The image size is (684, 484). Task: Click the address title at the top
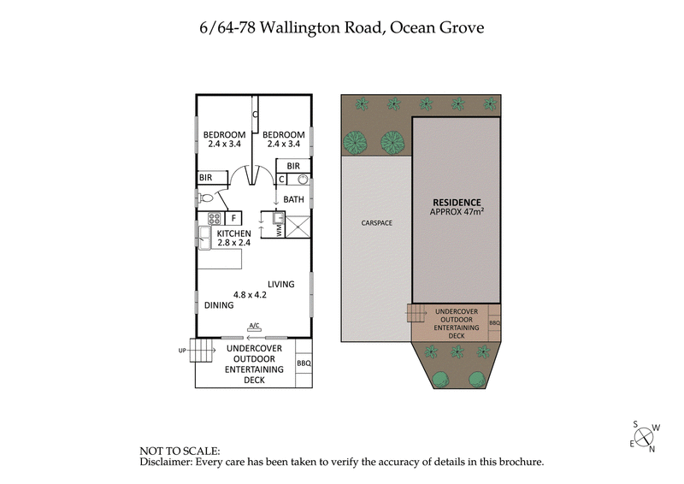(341, 28)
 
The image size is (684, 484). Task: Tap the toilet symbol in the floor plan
(206, 198)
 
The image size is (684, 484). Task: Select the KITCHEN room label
(233, 233)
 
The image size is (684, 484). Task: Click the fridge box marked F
(234, 217)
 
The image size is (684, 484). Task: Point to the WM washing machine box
(279, 228)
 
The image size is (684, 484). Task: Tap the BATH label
(294, 199)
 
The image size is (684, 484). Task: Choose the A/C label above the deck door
(254, 326)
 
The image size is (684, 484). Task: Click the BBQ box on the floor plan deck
(304, 363)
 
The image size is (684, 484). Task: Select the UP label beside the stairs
(182, 351)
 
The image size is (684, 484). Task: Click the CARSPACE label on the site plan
(376, 222)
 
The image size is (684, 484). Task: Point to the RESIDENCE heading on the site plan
(456, 202)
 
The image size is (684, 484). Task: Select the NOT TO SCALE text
(180, 451)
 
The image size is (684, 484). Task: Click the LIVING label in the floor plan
(280, 284)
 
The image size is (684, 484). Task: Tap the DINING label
(218, 305)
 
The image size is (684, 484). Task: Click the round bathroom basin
(302, 180)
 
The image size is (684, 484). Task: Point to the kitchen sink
(204, 235)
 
